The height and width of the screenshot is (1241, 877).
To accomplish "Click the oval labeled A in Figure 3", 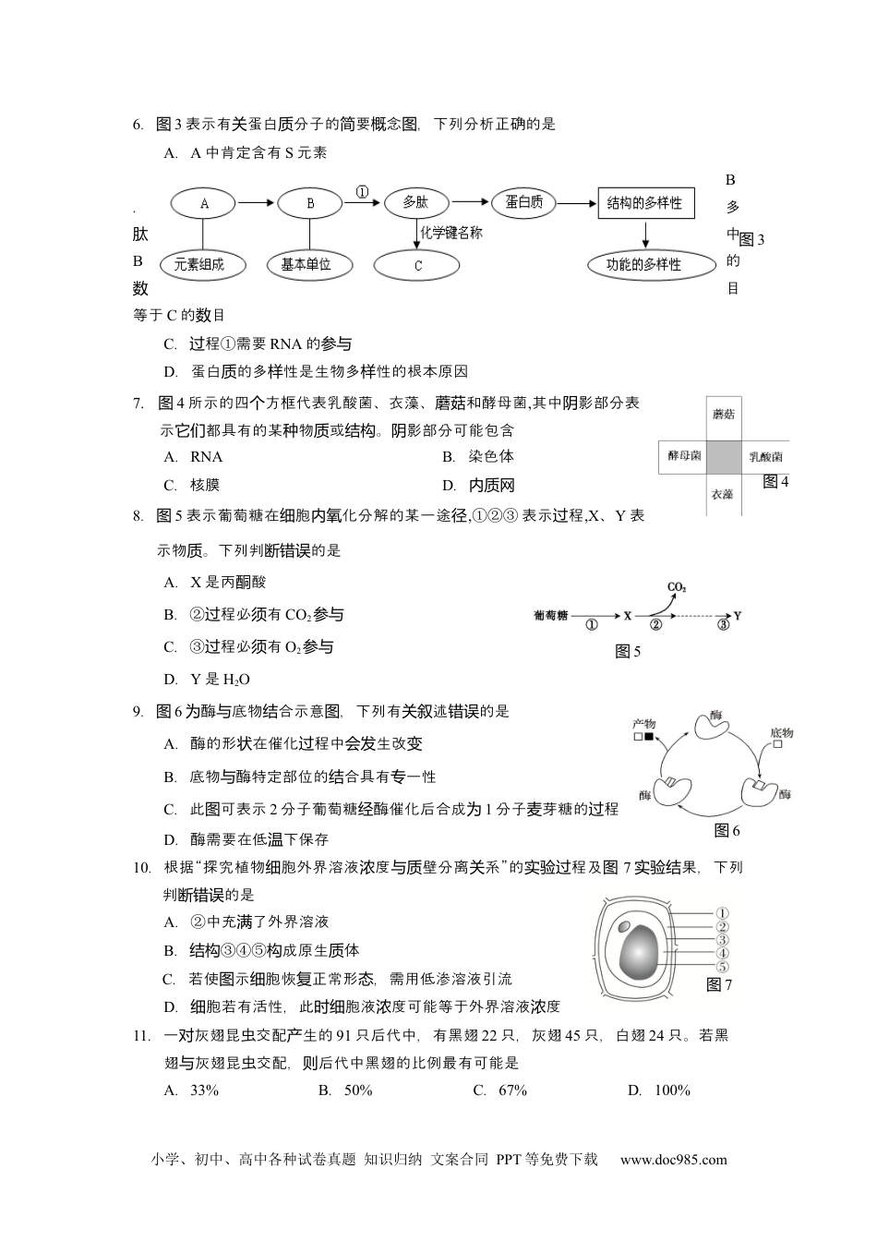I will tap(204, 203).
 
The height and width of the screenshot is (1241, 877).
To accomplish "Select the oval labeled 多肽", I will tap(415, 203).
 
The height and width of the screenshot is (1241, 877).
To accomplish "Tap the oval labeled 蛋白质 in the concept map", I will tap(523, 203).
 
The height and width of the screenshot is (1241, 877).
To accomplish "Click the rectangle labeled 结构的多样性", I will tap(644, 203).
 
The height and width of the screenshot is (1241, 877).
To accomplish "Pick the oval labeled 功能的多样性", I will tap(643, 265).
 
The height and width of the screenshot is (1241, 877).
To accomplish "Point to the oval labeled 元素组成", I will tap(198, 265).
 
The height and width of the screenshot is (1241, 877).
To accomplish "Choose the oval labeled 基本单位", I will tap(306, 265).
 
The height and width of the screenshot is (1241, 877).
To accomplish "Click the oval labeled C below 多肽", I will tap(417, 266).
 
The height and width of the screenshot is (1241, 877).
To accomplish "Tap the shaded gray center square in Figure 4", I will tap(723, 456).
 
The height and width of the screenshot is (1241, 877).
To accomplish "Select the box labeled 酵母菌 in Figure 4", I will tap(683, 456).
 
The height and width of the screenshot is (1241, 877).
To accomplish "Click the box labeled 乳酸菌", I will tap(765, 456).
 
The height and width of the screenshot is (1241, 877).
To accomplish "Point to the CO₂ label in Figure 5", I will tap(676, 587).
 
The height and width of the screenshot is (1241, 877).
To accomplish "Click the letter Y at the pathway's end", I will tap(738, 616).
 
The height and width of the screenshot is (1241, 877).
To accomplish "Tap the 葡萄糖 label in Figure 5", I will tap(550, 616).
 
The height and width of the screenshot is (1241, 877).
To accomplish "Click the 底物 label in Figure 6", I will tap(780, 733).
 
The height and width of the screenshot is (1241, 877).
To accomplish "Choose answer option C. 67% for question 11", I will tap(499, 1090).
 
